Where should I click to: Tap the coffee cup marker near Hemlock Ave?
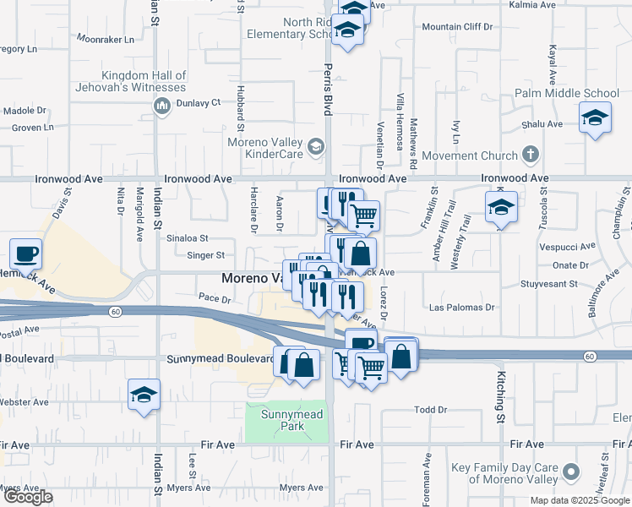coord(25,253)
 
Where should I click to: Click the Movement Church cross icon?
coord(530,155)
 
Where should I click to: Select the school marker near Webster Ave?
coord(144,394)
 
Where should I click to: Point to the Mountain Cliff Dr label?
coord(456,27)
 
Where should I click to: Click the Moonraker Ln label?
coord(106,39)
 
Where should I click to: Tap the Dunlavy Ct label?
coord(198,102)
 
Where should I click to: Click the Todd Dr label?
coord(430,410)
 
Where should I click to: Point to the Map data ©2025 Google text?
coord(579,500)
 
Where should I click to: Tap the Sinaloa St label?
coord(186,239)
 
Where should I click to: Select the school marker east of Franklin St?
coord(501,206)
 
